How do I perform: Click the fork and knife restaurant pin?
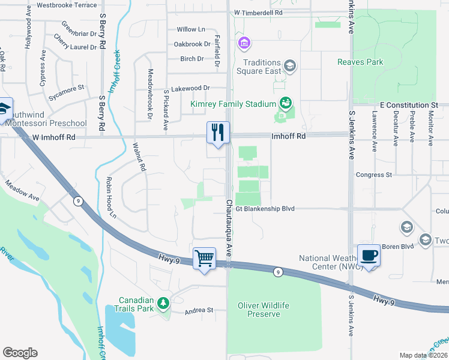(217, 133)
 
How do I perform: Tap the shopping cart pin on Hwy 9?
(205, 259)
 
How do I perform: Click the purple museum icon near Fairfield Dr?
(244, 43)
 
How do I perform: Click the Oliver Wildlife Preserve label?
(263, 310)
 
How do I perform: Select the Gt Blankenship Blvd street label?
(265, 209)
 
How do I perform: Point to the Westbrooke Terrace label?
(66, 5)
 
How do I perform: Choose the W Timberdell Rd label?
(266, 12)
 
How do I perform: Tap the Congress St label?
(373, 175)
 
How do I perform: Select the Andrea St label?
(199, 310)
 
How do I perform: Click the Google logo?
(20, 353)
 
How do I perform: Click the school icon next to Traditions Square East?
(289, 65)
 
